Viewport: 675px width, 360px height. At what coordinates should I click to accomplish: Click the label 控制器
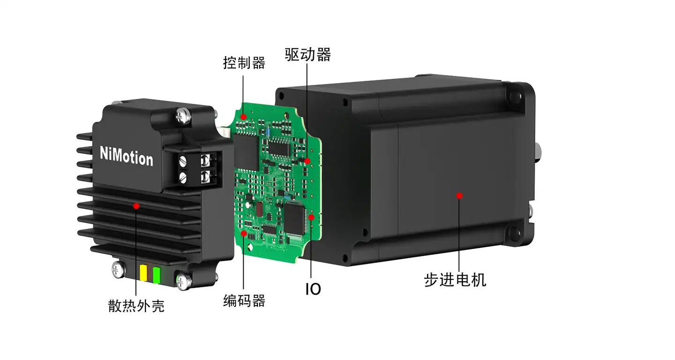tap(244, 63)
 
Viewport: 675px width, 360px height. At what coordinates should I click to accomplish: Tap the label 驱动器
tap(307, 54)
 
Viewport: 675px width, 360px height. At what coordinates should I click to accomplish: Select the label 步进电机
tap(455, 280)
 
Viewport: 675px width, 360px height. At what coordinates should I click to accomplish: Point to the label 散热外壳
tap(136, 306)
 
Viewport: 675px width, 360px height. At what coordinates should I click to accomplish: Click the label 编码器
tap(244, 300)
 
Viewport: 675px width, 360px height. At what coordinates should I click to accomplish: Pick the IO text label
tap(313, 289)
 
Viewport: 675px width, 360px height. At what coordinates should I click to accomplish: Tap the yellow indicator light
tap(143, 273)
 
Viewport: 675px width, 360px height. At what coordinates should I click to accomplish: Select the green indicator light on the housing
tap(157, 275)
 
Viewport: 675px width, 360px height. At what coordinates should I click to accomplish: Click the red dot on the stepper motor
tap(459, 196)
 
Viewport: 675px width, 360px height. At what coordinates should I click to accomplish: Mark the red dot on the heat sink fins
tap(136, 206)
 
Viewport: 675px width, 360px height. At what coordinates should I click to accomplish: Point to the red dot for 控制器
tap(243, 117)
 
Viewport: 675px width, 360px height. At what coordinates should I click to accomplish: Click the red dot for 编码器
tap(244, 233)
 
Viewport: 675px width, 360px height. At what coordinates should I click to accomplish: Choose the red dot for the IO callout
tap(311, 217)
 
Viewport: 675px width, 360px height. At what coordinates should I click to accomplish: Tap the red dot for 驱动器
tap(307, 161)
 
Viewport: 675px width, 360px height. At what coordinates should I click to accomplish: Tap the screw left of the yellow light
tap(118, 270)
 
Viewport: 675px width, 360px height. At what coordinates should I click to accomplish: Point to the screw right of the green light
tap(183, 281)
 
